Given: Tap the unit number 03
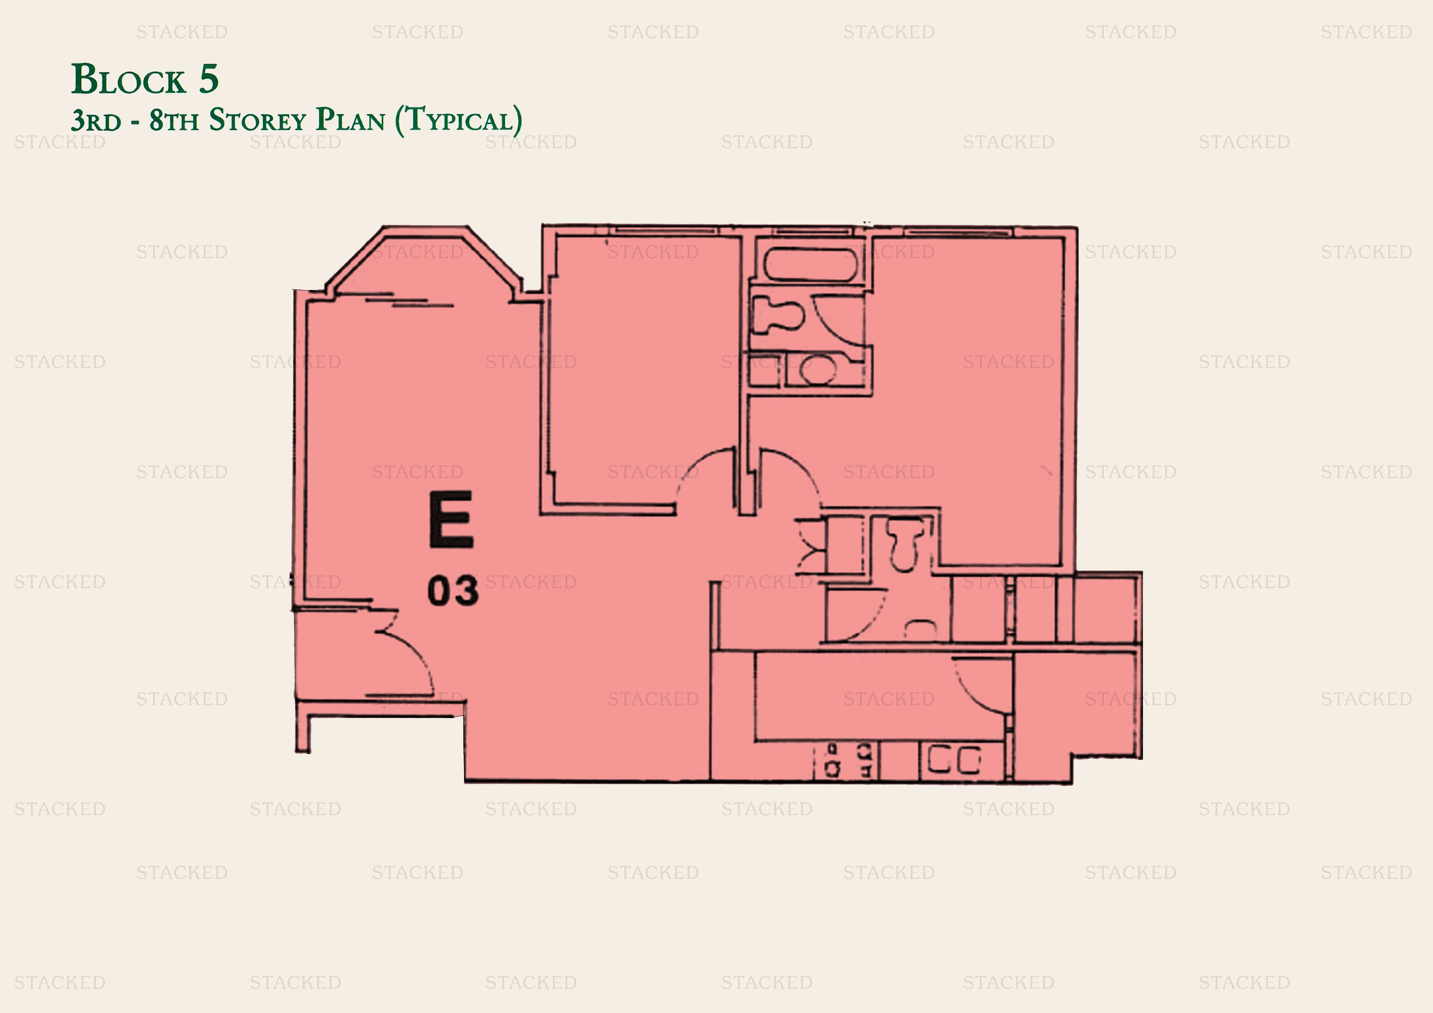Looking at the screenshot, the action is pyautogui.click(x=453, y=591).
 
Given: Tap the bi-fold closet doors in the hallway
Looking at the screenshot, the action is pyautogui.click(x=810, y=546).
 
